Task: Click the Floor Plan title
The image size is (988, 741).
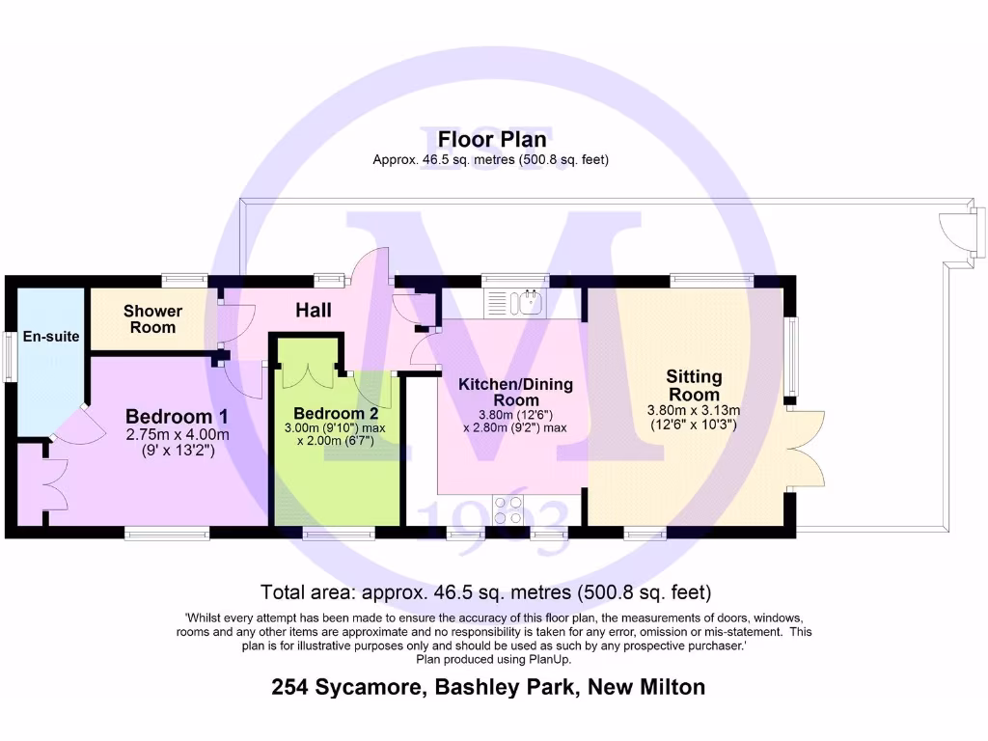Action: click(492, 140)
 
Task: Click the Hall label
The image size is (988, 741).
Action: click(314, 310)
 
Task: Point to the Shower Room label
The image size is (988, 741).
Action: click(152, 318)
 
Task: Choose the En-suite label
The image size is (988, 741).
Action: click(44, 337)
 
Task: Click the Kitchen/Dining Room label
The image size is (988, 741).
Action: click(515, 392)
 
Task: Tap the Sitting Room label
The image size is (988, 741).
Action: click(693, 385)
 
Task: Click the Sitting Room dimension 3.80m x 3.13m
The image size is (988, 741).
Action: click(694, 409)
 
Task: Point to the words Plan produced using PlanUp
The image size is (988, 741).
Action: click(493, 660)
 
